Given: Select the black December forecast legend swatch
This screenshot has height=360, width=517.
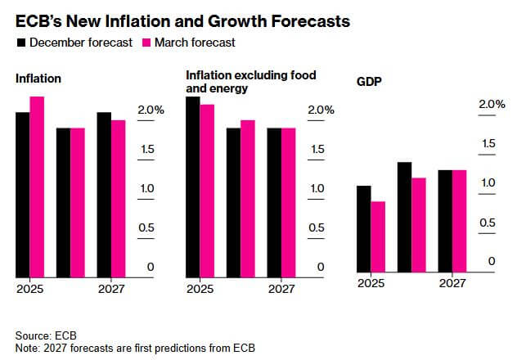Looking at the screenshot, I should coord(20,42).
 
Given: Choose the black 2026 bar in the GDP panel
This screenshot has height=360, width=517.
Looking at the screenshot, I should coord(404,216).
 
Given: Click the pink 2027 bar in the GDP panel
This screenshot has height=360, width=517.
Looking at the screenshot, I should coord(459,220).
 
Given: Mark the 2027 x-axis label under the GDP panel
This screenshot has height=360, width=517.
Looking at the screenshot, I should coord(452,283).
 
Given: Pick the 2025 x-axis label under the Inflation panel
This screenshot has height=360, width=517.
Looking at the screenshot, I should coord(29,289).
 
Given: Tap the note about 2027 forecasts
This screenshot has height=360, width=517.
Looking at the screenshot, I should coord(135,349).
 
